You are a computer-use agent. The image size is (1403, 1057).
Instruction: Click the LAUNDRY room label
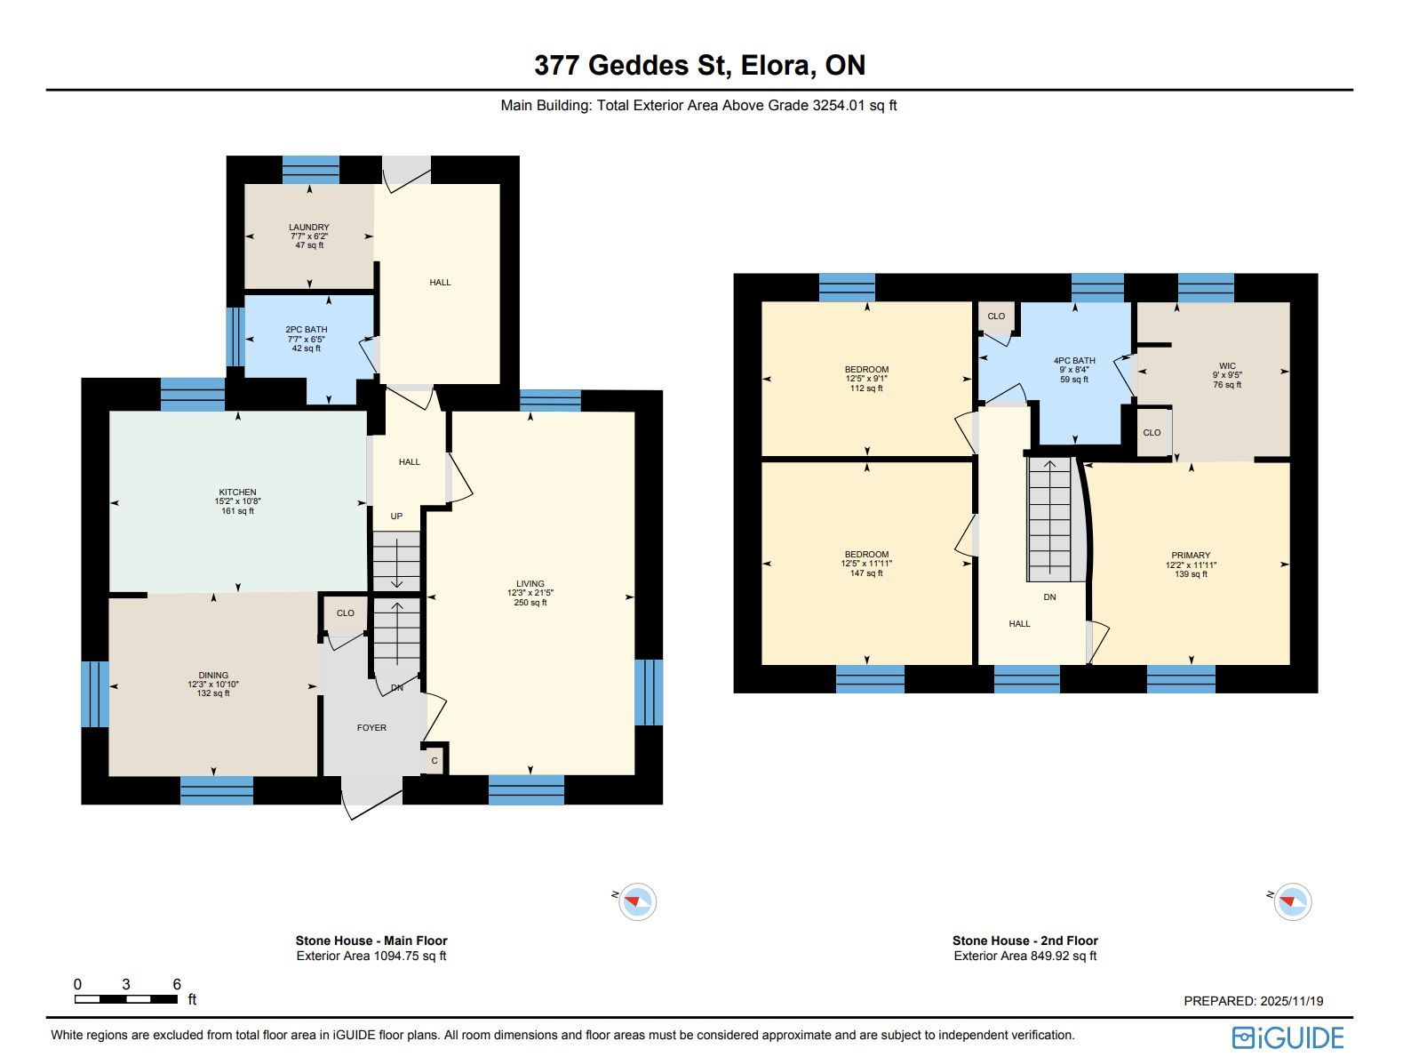point(308,227)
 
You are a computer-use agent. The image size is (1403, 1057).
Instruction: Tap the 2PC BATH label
point(307,329)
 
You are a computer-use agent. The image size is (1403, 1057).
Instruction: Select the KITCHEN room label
point(237,492)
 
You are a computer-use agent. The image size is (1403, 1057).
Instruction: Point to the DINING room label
point(213,676)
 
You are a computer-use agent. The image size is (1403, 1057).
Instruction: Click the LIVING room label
point(530,584)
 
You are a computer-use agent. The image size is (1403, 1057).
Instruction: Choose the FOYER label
point(371,728)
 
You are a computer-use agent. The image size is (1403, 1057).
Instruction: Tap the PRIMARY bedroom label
point(1191,555)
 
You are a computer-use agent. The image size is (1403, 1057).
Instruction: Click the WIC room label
point(1227,366)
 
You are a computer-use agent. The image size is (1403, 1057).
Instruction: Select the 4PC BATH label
point(1074,361)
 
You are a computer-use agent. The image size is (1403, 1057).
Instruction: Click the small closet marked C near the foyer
point(434,761)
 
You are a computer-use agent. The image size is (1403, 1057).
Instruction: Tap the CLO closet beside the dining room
point(345,613)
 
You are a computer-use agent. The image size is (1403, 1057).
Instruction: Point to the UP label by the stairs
point(396,516)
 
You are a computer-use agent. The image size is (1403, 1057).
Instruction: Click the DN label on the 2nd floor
point(1049,597)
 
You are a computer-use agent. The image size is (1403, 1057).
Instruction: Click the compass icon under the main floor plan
point(637,901)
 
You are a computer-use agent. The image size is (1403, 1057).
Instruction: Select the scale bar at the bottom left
point(126,999)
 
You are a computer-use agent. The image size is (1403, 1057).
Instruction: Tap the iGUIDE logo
point(1287,1037)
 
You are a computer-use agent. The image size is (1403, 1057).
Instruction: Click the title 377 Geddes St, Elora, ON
point(700,65)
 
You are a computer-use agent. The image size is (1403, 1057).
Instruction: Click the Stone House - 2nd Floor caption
point(1025,941)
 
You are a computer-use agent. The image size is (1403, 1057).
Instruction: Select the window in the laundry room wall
point(311,170)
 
